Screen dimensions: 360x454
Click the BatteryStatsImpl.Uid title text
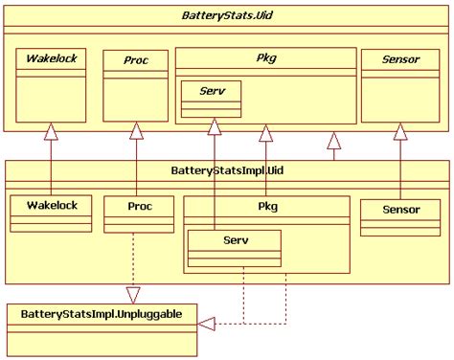pyautogui.click(x=226, y=171)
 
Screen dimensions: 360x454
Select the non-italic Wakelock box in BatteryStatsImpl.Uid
pyautogui.click(x=51, y=212)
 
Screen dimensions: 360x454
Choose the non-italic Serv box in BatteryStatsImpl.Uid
pyautogui.click(x=234, y=246)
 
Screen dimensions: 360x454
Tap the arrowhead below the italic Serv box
pyautogui.click(x=216, y=124)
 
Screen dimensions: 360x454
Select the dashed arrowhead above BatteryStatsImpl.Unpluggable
pyautogui.click(x=136, y=294)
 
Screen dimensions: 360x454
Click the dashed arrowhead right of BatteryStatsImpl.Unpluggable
pyautogui.click(x=206, y=324)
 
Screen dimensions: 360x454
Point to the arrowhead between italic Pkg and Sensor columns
pyautogui.click(x=333, y=142)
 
